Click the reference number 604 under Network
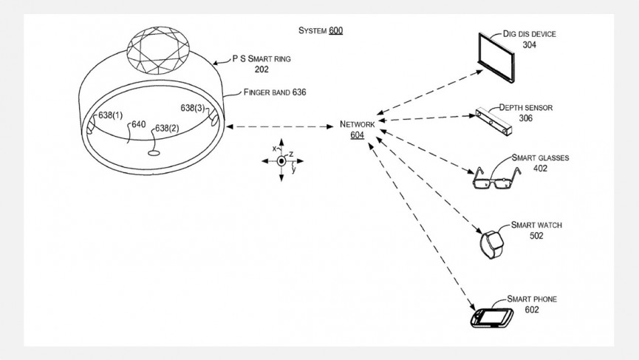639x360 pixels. point(357,135)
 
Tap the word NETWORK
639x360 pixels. point(358,124)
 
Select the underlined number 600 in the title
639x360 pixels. point(335,31)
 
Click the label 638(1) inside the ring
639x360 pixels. point(112,115)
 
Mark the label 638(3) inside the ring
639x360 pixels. point(194,108)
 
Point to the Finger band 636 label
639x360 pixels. point(275,92)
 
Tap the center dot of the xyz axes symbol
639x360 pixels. point(281,161)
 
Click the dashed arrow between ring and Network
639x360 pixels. point(281,127)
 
